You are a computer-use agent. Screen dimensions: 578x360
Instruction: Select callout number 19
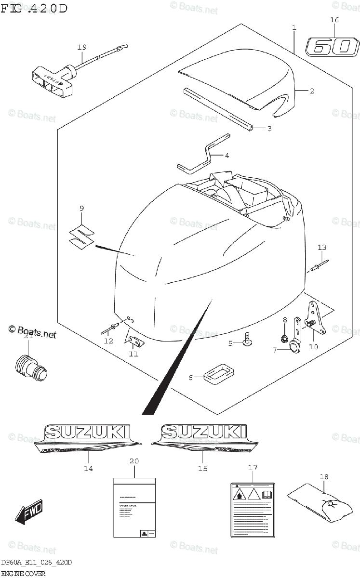81,47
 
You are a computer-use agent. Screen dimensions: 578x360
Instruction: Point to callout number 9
81,208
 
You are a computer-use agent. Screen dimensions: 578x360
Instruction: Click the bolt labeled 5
247,339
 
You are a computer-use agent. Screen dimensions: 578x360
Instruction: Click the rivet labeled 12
112,329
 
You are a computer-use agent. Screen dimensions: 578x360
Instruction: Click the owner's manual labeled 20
134,507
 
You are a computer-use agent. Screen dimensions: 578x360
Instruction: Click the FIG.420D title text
34,8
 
